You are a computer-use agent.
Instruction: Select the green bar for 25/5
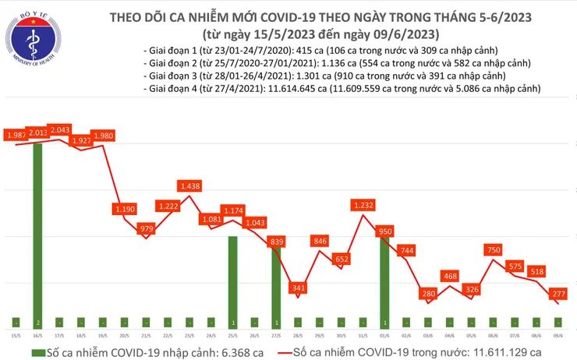click(232, 281)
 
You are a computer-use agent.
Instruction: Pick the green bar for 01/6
click(384, 281)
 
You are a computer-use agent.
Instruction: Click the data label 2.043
click(59, 129)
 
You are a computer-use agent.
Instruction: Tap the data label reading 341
click(297, 266)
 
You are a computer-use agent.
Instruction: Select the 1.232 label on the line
click(364, 205)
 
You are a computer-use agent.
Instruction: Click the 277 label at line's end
click(559, 293)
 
